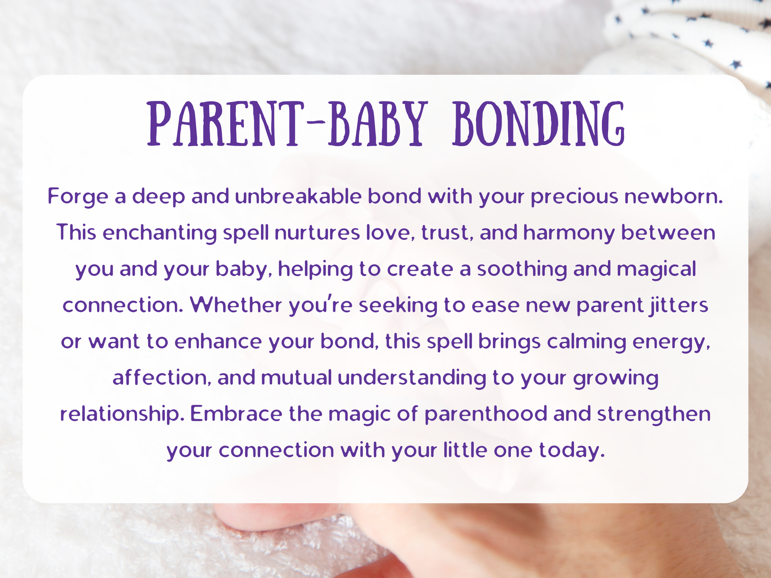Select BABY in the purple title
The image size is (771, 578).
378,124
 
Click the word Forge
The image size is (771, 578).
78,197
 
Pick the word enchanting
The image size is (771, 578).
160,233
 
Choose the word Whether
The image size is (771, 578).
236,305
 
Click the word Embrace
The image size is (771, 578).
236,414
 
